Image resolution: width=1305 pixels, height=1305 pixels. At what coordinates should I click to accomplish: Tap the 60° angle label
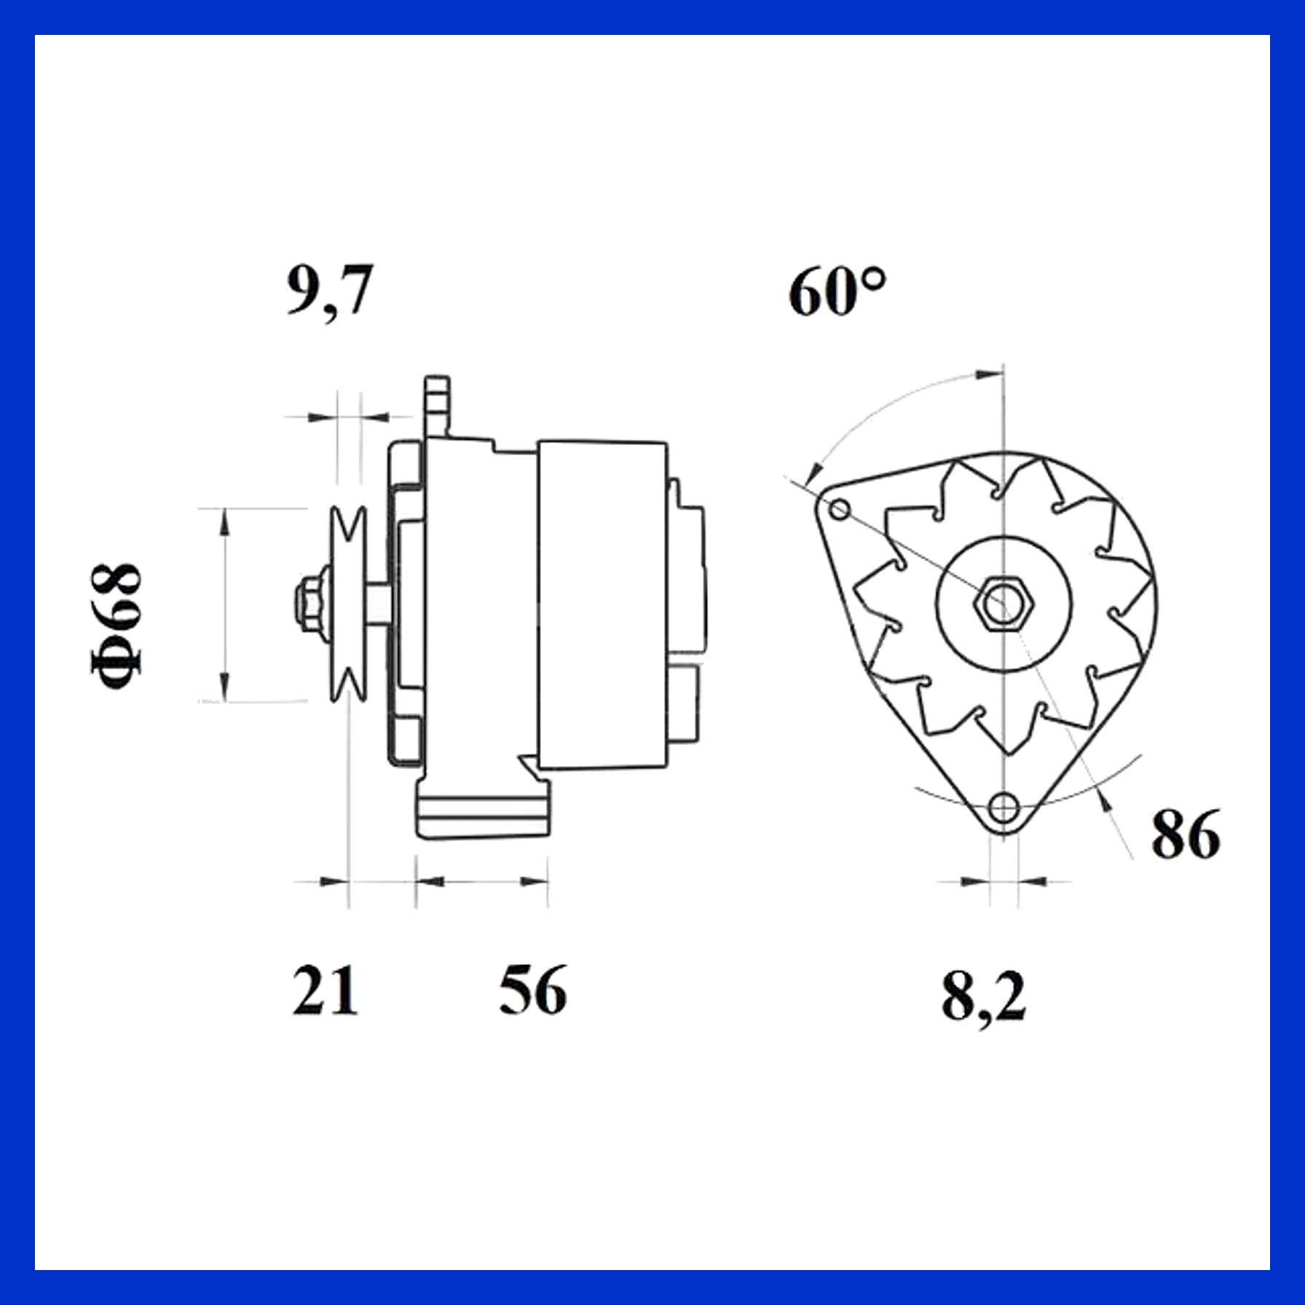838,291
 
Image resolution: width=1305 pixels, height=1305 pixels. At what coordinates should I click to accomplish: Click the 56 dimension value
532,990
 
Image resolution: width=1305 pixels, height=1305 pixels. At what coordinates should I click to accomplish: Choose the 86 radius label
1186,835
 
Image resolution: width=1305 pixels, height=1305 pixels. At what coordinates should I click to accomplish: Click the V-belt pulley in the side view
347,604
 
